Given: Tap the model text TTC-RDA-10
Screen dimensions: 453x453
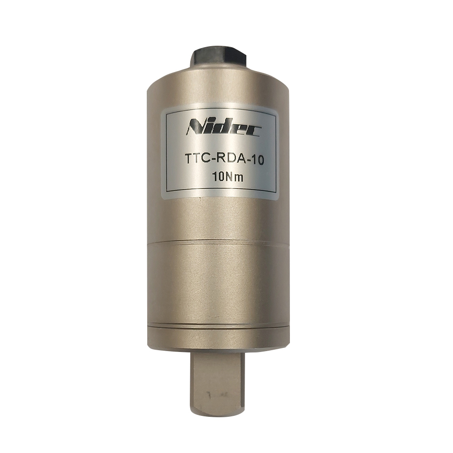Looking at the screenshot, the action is tap(224, 160).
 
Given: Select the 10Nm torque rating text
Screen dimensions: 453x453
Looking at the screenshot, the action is tap(227, 177).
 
